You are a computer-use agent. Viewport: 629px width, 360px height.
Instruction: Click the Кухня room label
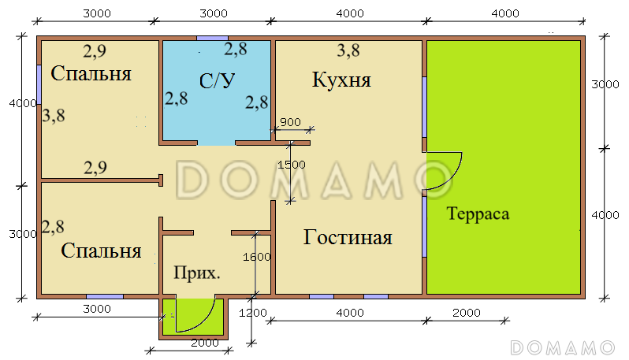point(341,80)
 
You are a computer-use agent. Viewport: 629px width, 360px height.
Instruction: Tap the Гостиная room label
point(348,238)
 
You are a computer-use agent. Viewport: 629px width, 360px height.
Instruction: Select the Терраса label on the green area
point(478,213)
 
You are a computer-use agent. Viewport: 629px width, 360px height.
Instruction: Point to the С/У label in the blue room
point(217,80)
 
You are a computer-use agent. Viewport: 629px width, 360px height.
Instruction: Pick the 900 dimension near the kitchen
point(290,121)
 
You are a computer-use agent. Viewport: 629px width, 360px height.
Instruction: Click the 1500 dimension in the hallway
point(291,164)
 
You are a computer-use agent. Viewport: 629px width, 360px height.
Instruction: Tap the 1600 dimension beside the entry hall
point(257,256)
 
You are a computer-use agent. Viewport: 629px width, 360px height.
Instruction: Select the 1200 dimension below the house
point(252,313)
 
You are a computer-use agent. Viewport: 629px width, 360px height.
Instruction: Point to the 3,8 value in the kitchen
point(348,51)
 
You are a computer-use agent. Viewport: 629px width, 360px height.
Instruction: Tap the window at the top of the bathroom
point(213,37)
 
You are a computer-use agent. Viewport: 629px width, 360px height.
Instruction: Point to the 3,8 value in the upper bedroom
point(54,116)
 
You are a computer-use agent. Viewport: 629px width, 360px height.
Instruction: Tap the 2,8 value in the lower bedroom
point(53,228)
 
